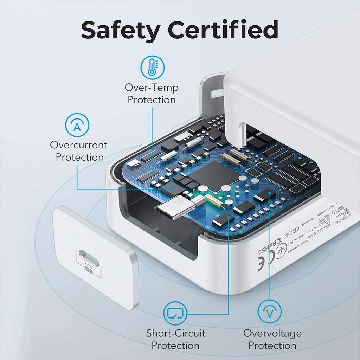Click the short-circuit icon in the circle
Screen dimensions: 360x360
pyautogui.click(x=175, y=313)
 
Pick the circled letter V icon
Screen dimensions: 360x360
pyautogui.click(x=270, y=313)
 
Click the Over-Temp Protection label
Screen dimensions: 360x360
pyautogui.click(x=152, y=94)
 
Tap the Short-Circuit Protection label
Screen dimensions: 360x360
pyautogui.click(x=175, y=339)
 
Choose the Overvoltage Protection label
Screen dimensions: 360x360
pyautogui.click(x=272, y=339)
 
